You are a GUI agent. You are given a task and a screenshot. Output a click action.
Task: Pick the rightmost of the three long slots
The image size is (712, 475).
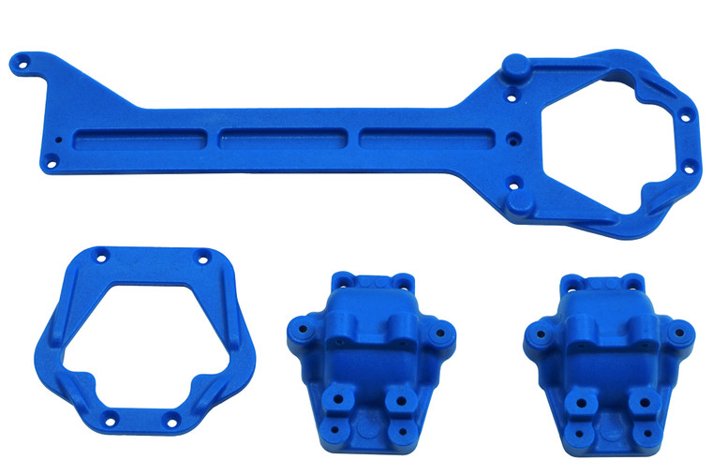click(422, 137)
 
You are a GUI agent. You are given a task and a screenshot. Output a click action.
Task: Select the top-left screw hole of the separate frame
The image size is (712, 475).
click(99, 255)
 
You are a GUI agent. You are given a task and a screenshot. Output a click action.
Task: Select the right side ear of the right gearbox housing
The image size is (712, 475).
click(682, 331)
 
